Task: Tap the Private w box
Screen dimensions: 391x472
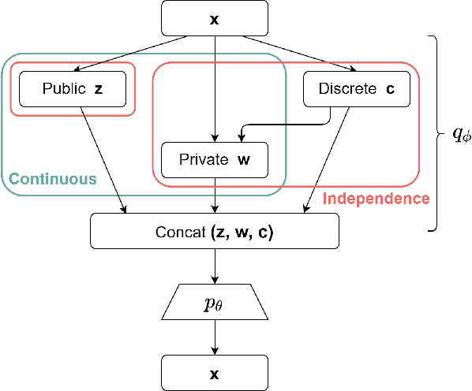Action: coord(215,159)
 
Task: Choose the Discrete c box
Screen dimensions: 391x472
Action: coord(356,90)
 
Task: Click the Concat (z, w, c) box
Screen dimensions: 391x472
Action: coord(215,229)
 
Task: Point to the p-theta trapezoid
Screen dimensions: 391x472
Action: coord(214,302)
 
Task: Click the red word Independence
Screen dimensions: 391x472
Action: coord(376,198)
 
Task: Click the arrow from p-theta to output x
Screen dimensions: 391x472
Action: coord(215,337)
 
